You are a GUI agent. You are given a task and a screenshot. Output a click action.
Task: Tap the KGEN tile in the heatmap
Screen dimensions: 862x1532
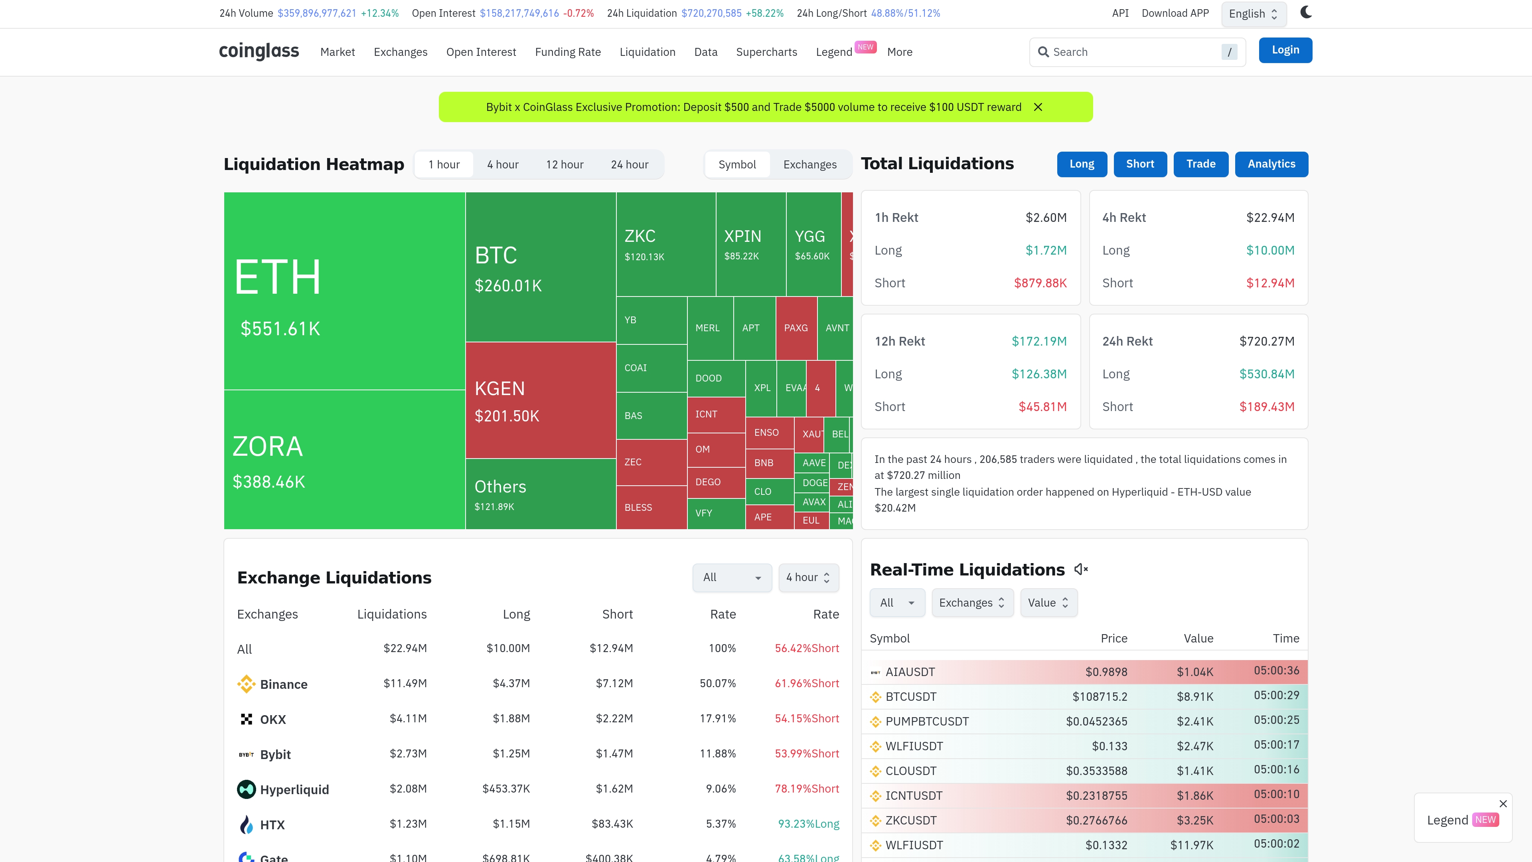[540, 400]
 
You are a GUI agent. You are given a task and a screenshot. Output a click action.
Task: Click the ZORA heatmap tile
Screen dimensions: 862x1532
[344, 460]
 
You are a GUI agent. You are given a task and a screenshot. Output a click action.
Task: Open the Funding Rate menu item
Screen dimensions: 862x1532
[567, 52]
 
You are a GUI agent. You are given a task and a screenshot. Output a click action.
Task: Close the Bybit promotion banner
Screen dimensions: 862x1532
[1038, 107]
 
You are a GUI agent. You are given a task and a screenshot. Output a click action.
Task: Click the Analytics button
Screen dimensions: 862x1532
[1271, 164]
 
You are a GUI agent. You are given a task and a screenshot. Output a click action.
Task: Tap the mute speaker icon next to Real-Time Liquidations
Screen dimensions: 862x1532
[1081, 569]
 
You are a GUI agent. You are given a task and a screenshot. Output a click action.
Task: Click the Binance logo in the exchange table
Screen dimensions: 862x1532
[246, 684]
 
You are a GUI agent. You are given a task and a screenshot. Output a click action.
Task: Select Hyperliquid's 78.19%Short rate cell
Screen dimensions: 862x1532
[806, 789]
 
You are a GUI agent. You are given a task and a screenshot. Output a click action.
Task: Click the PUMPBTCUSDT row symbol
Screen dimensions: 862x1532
[926, 722]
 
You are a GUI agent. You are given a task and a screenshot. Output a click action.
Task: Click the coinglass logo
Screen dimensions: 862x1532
[259, 51]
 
